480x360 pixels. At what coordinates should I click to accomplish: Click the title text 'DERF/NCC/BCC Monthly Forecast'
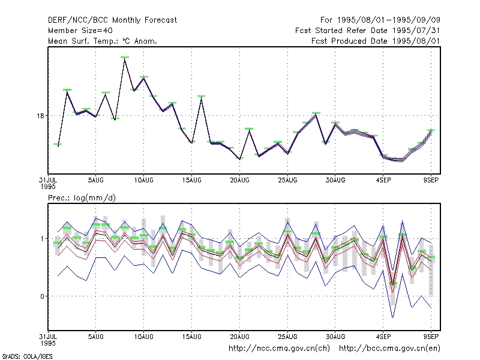point(112,20)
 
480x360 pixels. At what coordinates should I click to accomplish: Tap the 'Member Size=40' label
point(80,31)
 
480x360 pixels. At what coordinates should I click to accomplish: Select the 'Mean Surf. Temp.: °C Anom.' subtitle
point(103,41)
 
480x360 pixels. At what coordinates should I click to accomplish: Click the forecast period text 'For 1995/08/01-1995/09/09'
point(380,20)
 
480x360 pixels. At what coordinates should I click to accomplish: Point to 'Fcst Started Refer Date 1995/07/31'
point(367,31)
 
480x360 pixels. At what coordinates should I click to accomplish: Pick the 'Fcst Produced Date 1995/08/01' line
point(376,41)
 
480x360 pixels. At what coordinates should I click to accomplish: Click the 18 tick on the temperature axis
point(40,116)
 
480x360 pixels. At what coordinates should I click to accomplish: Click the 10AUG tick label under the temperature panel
point(143,181)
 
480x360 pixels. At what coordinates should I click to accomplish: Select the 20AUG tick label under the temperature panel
point(239,181)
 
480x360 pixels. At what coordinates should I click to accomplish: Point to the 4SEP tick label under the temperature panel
point(383,181)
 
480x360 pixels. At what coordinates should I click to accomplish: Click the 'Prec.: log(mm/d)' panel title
point(82,198)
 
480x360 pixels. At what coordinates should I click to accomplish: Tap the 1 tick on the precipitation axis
point(42,239)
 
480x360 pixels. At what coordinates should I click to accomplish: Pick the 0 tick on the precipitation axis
point(42,296)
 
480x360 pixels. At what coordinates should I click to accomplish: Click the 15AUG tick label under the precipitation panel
point(191,337)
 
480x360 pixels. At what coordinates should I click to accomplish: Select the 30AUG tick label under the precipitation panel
point(335,337)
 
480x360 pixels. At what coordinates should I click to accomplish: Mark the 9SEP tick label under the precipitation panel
point(431,337)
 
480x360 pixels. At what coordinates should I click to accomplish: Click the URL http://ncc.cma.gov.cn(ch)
point(279,349)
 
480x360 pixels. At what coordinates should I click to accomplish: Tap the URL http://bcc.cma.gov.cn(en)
point(389,349)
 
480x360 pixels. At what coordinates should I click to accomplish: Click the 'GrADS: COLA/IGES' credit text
point(28,356)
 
